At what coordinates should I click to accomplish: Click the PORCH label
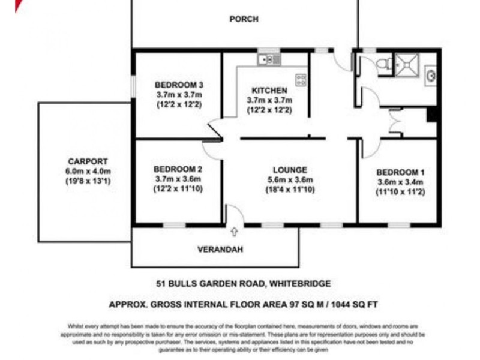244,19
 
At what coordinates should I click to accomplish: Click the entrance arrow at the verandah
234,230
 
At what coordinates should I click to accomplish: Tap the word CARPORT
88,161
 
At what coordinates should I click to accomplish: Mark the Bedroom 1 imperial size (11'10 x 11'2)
400,193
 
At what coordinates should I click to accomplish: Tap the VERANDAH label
220,250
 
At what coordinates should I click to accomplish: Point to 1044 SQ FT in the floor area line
354,304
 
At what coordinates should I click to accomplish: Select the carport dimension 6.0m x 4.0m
88,171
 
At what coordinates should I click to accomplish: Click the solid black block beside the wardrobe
431,115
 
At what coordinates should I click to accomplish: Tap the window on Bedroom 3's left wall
133,85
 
